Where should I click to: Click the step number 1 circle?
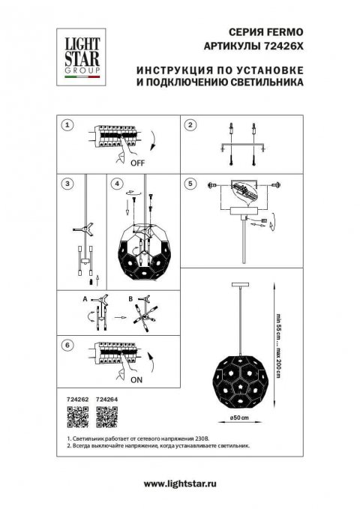[x=67, y=125]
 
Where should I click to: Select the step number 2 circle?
[x=190, y=125]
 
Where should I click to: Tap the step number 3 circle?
[x=67, y=183]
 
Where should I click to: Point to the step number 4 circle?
[x=116, y=183]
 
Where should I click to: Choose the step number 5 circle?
[x=190, y=183]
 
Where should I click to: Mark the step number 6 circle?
[x=67, y=345]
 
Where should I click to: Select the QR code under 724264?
[x=106, y=418]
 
